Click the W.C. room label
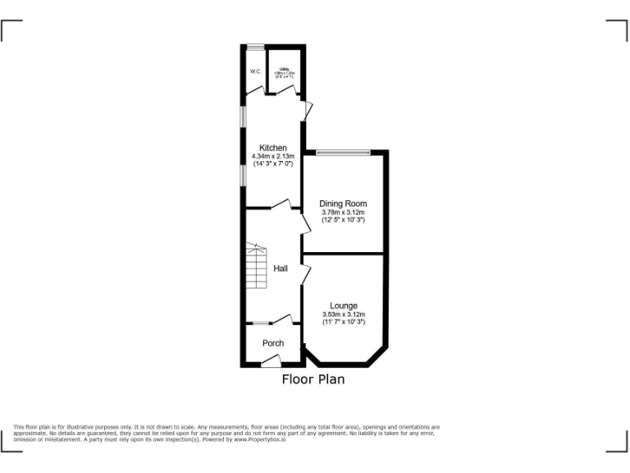click(x=255, y=71)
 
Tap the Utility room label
click(x=285, y=69)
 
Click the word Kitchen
click(x=273, y=148)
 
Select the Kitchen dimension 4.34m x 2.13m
click(x=273, y=156)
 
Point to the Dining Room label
click(x=343, y=204)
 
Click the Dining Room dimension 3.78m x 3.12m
click(x=343, y=212)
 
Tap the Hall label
click(x=281, y=269)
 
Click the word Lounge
click(x=343, y=305)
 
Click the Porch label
click(x=273, y=343)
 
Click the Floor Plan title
click(x=313, y=379)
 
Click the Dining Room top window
click(x=344, y=152)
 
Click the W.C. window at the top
click(x=255, y=46)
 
